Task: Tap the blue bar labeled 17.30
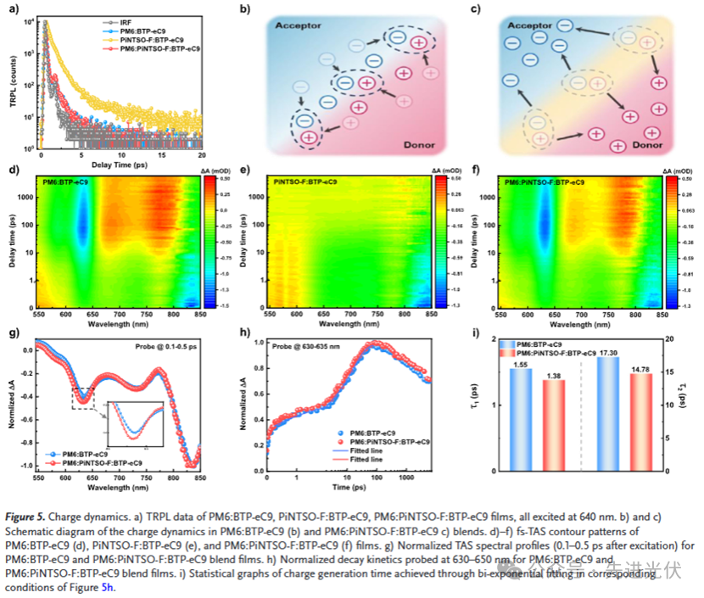(607, 413)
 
